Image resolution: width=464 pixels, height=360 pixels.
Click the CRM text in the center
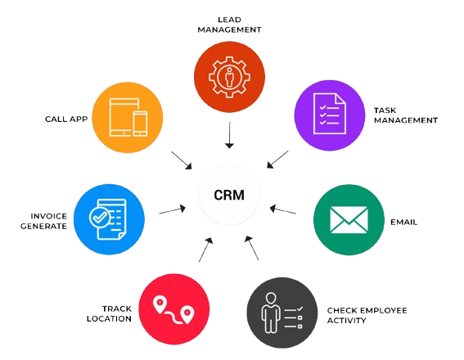point(229,195)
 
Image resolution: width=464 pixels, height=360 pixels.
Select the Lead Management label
point(229,25)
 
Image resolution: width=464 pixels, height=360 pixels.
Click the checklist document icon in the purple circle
point(330,114)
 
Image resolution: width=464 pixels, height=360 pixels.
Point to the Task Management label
point(406,115)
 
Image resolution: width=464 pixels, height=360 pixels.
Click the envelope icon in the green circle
point(349,220)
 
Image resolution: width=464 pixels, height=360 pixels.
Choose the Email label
point(403,222)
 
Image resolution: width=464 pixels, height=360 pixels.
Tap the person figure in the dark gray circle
point(271,313)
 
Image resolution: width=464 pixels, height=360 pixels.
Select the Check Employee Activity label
point(367,315)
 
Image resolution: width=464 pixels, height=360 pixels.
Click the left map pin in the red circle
point(160,304)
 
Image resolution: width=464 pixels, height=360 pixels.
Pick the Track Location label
point(109,313)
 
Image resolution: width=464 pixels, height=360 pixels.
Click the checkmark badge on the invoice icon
point(100,218)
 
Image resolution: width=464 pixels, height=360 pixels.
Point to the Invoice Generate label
point(43,221)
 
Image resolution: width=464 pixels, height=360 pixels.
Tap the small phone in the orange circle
point(140,124)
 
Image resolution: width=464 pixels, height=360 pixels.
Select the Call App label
point(66,119)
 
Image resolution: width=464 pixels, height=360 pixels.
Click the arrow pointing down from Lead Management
point(229,135)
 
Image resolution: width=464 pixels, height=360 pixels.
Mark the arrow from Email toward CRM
point(283,209)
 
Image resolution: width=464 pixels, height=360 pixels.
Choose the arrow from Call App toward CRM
point(181,160)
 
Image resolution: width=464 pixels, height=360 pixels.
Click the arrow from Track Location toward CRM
point(205,250)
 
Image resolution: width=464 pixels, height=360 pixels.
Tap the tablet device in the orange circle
point(124,117)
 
